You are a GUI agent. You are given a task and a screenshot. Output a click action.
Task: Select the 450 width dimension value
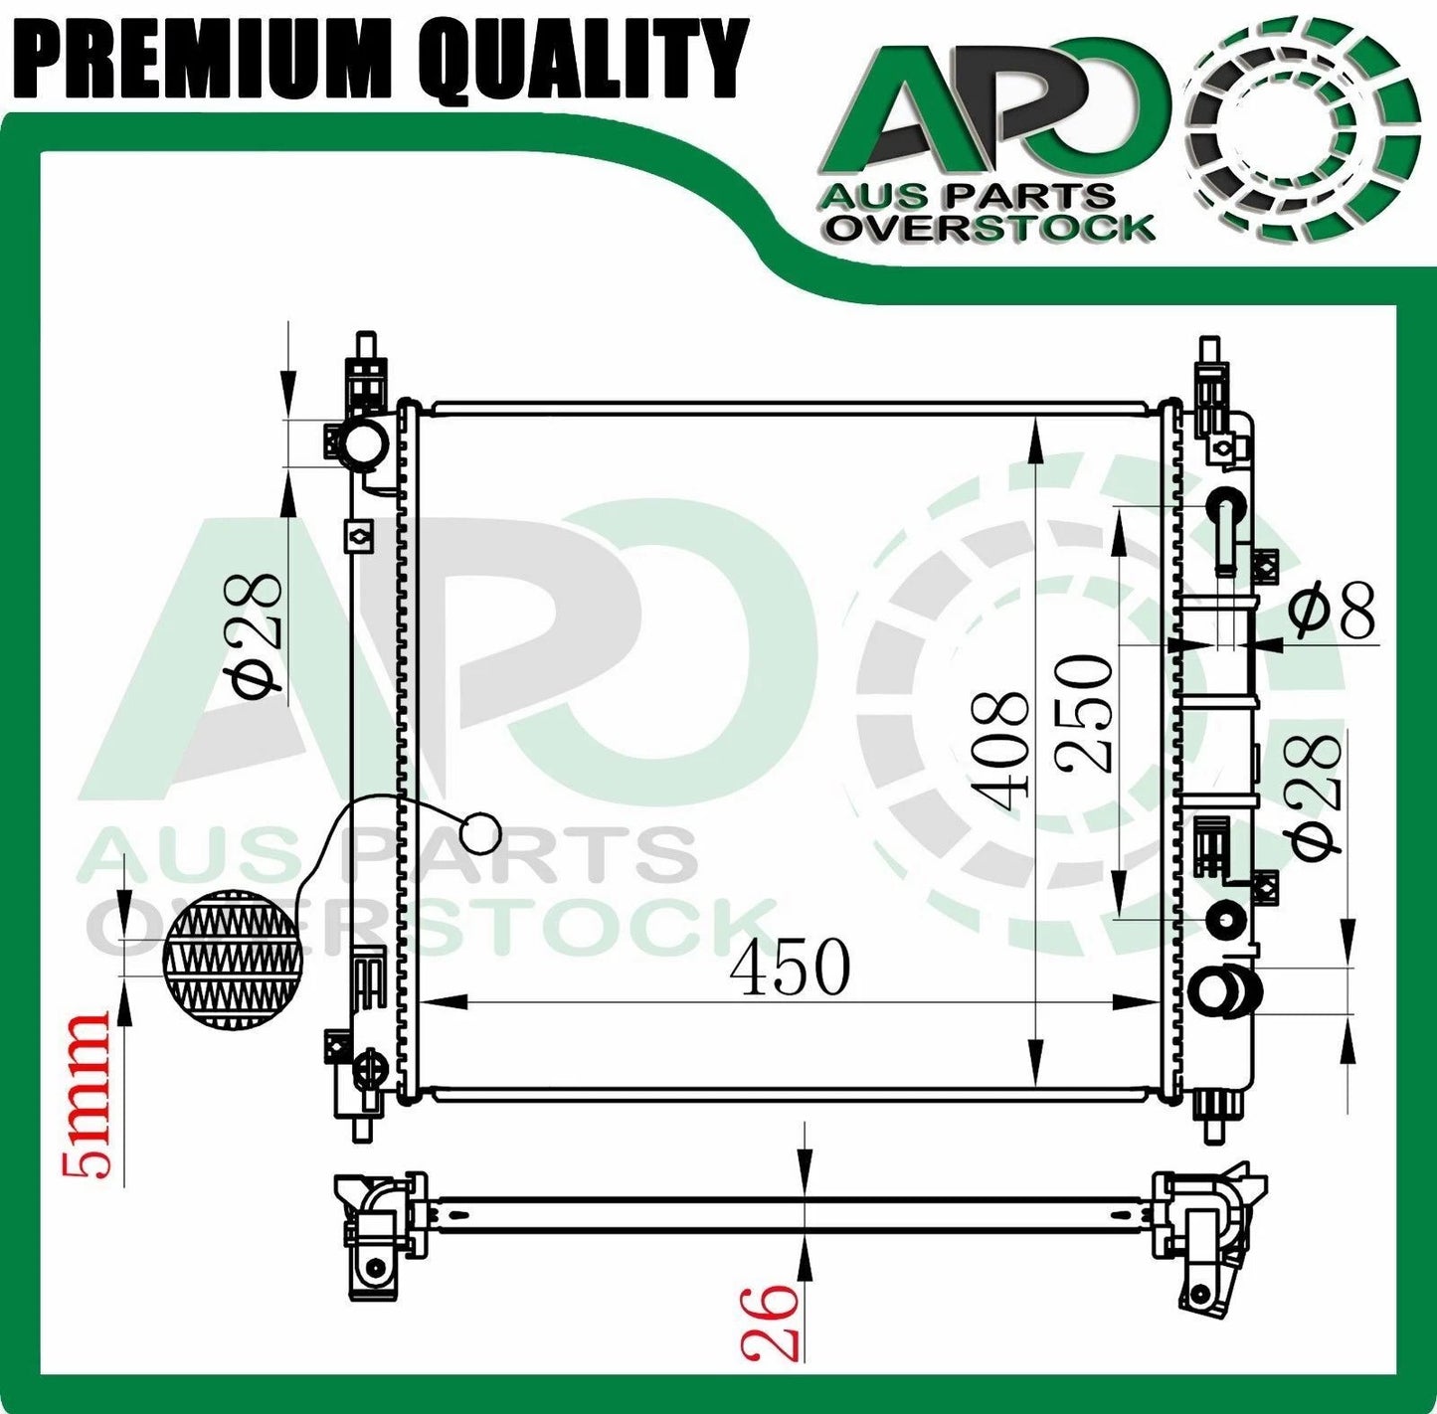coord(791,968)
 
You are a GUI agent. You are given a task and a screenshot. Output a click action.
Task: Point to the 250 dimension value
coord(1083,712)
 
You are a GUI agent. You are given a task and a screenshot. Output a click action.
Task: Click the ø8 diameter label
coord(1333,611)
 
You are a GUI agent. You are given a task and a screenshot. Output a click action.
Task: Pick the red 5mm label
coord(86,1096)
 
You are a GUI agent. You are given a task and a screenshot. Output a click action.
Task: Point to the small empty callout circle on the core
coord(481,832)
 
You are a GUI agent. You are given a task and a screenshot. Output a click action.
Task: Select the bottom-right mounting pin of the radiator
coord(1212,1130)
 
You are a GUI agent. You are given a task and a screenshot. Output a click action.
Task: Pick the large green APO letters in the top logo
coord(994,114)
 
